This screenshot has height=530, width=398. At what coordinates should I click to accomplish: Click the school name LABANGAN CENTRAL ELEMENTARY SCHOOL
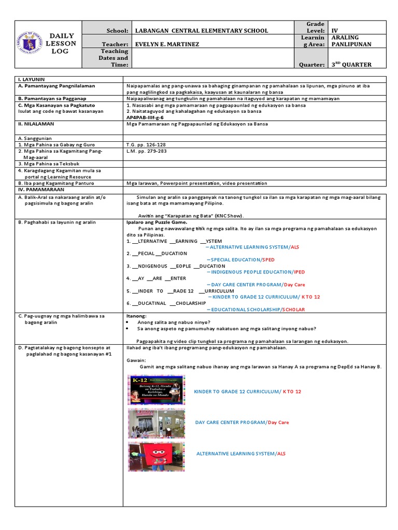click(201, 31)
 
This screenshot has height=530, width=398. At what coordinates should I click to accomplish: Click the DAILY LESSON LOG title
click(62, 43)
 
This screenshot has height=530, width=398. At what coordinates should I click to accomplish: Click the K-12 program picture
click(156, 390)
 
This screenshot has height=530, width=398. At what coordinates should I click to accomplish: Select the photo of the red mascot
click(156, 455)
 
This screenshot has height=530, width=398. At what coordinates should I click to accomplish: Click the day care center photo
click(156, 423)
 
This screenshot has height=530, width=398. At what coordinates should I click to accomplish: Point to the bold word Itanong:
click(136, 316)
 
